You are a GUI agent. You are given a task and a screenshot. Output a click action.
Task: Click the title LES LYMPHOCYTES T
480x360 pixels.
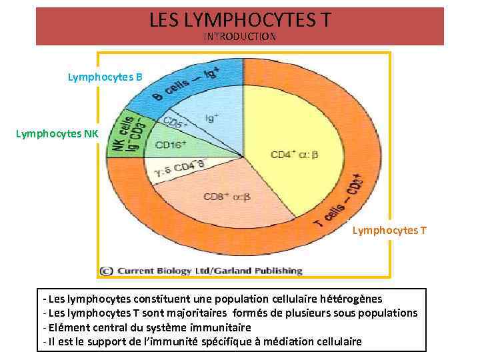coord(239,21)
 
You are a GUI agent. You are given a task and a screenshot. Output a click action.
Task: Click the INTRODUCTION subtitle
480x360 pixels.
coord(239,37)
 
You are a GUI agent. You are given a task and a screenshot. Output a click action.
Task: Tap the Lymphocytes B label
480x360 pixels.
coord(105,77)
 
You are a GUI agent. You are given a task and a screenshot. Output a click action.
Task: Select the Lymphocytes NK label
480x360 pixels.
coord(57,134)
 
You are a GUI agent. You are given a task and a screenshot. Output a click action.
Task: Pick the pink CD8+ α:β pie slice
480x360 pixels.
coord(226,196)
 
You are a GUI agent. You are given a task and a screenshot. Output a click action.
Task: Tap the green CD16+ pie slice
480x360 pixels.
coord(172,145)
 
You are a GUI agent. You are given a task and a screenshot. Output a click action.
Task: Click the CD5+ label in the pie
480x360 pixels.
coord(177,125)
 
